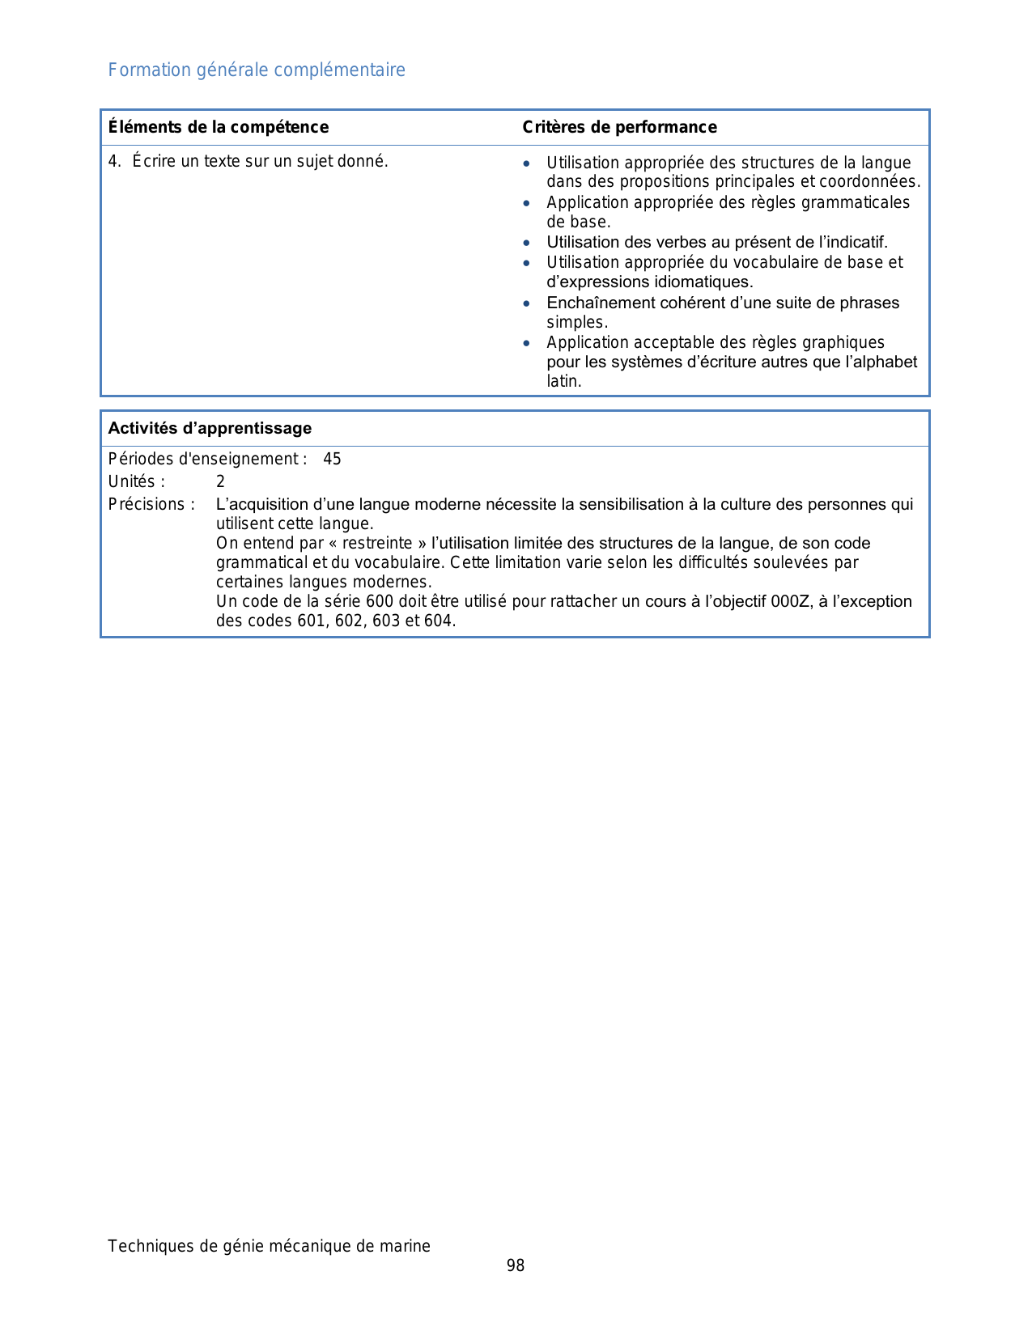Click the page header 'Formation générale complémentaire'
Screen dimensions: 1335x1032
click(257, 70)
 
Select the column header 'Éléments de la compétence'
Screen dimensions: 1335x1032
click(219, 127)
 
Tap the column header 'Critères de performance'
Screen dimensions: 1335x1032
click(619, 127)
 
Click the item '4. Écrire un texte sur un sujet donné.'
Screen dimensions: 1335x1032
click(248, 161)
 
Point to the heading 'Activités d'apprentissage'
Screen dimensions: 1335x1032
click(210, 428)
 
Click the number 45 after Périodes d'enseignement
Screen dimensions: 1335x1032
click(332, 460)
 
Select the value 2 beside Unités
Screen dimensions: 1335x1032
click(220, 482)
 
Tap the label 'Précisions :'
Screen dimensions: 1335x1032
click(151, 504)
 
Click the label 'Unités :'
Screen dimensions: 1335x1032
click(137, 482)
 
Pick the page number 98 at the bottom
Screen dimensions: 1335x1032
click(516, 1265)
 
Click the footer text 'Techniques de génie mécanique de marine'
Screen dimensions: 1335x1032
click(269, 1246)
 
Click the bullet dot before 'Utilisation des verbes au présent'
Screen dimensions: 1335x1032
click(527, 243)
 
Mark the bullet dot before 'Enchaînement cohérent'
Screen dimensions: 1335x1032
click(527, 303)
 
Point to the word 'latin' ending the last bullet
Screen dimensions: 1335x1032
click(563, 381)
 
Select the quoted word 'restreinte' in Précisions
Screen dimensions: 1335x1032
click(376, 543)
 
